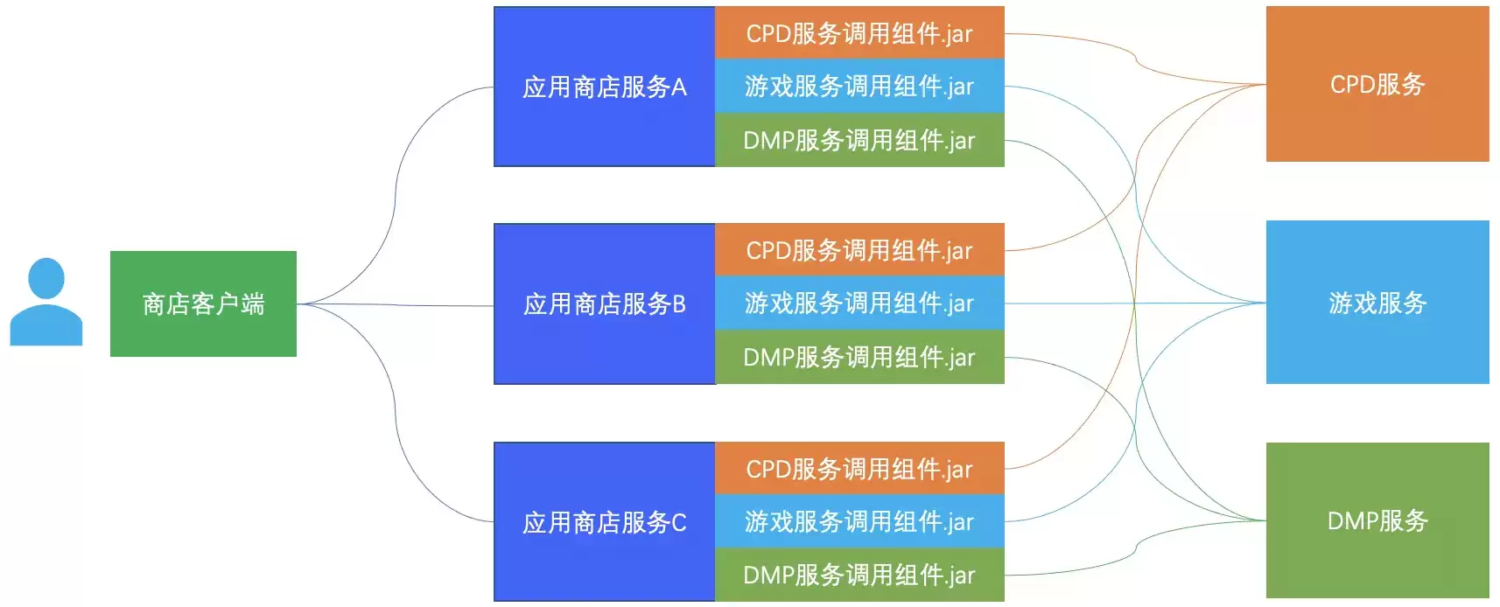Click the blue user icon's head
(46, 278)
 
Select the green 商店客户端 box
(203, 303)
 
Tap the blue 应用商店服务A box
(605, 87)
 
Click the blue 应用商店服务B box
(605, 303)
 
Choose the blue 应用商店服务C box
(605, 522)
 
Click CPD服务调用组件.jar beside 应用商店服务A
(859, 32)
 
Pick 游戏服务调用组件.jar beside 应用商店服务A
(859, 87)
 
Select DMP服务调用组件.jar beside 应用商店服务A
(859, 140)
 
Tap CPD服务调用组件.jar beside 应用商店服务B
(859, 249)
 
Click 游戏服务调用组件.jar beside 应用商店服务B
(859, 303)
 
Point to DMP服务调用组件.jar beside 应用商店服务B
(859, 357)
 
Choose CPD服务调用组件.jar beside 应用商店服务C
(859, 469)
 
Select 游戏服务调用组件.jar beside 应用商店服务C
(859, 521)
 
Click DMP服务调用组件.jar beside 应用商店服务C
(859, 575)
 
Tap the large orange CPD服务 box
(1377, 84)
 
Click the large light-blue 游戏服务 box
(1377, 303)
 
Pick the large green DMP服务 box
(1377, 520)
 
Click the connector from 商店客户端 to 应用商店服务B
(395, 305)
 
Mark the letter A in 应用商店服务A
(678, 87)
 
